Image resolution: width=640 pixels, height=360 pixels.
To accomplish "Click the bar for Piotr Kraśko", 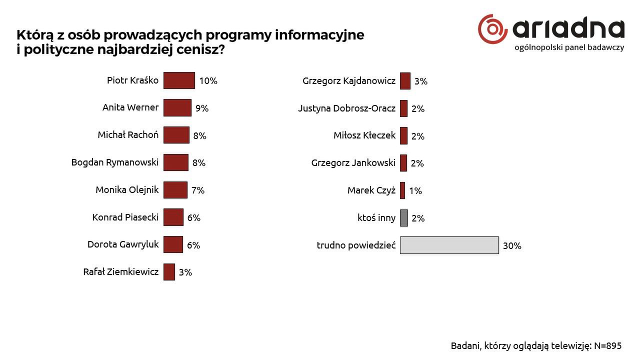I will tap(179, 80).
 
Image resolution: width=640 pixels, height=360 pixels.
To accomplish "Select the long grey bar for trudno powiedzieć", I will tap(449, 245).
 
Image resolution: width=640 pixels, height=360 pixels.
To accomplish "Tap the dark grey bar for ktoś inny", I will tap(404, 218).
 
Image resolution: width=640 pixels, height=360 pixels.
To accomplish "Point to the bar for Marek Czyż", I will tap(402, 190).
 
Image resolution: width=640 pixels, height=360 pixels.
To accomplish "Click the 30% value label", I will tap(512, 245).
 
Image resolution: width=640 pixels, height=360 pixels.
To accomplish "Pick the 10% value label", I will tap(208, 81).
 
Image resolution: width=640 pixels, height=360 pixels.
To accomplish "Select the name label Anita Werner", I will tap(130, 107).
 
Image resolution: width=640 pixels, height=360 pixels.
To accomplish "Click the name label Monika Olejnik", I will tap(127, 189).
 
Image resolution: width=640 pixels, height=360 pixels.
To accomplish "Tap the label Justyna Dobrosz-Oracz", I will tap(346, 108).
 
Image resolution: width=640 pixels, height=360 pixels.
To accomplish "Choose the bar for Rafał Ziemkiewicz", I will tap(169, 272).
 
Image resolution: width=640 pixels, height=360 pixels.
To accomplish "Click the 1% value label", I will tap(415, 190).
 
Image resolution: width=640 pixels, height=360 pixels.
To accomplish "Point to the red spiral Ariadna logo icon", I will tap(492, 29).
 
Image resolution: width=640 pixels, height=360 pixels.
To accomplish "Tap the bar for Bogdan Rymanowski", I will tap(176, 162).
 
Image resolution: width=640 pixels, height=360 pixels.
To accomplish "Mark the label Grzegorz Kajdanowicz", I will tap(349, 81).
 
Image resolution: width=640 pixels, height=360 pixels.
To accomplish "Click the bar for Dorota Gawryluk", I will tap(173, 244).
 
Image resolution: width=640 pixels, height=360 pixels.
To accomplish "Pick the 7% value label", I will tap(198, 190).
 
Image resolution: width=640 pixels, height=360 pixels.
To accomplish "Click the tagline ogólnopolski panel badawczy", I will tap(569, 47).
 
